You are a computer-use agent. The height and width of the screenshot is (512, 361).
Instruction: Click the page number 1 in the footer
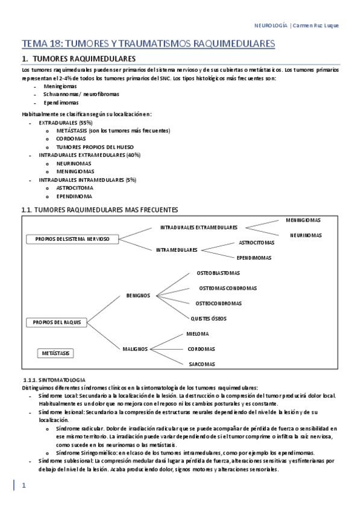pyautogui.click(x=24, y=485)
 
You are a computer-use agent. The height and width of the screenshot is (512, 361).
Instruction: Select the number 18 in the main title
pyautogui.click(x=54, y=44)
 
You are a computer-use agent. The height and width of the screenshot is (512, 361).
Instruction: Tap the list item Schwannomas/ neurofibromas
pyautogui.click(x=81, y=94)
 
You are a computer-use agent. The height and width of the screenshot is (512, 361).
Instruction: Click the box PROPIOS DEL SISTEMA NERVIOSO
pyautogui.click(x=72, y=239)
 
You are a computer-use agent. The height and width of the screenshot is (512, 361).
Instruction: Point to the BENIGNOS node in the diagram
pyautogui.click(x=138, y=295)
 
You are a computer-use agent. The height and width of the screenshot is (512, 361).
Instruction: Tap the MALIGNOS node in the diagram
pyautogui.click(x=136, y=348)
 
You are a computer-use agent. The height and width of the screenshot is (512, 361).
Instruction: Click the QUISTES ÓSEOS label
pyautogui.click(x=209, y=318)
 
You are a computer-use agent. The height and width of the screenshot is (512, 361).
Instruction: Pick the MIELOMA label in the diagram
pyautogui.click(x=198, y=334)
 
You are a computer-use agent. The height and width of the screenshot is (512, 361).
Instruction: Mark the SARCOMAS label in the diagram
pyautogui.click(x=201, y=364)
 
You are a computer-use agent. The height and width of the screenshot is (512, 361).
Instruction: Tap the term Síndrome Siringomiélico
pyautogui.click(x=86, y=453)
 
